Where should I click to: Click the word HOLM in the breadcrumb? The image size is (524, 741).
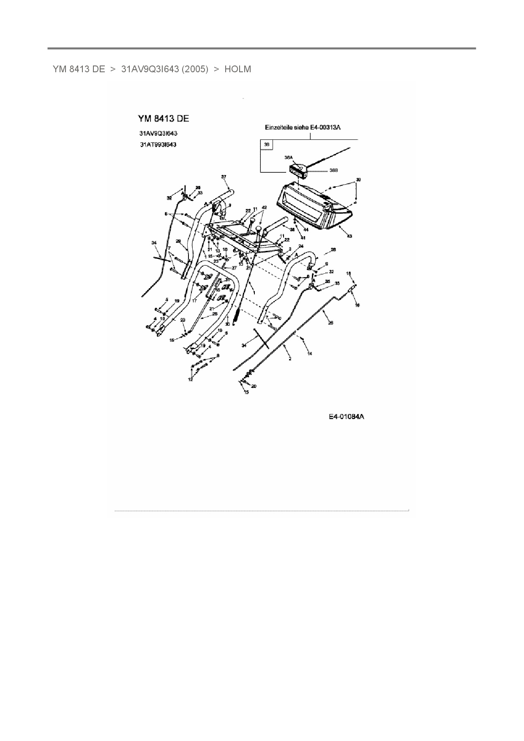pyautogui.click(x=237, y=69)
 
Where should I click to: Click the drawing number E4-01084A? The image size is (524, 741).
pyautogui.click(x=347, y=417)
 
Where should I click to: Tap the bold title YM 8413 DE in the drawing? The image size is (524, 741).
pyautogui.click(x=164, y=119)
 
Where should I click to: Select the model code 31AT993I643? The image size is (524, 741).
pyautogui.click(x=158, y=144)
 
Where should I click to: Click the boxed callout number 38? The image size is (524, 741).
pyautogui.click(x=266, y=145)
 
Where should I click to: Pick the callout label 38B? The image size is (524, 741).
pyautogui.click(x=333, y=171)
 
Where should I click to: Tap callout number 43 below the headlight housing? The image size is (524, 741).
pyautogui.click(x=349, y=236)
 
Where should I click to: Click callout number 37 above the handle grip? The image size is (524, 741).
pyautogui.click(x=224, y=177)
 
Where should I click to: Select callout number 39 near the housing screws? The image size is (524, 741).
pyautogui.click(x=358, y=180)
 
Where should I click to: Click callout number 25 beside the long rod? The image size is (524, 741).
pyautogui.click(x=330, y=323)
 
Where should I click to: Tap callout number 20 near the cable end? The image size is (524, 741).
pyautogui.click(x=254, y=386)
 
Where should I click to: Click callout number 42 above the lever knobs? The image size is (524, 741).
pyautogui.click(x=264, y=207)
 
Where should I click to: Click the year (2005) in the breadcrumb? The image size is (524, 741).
pyautogui.click(x=195, y=69)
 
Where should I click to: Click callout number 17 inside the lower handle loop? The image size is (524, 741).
pyautogui.click(x=194, y=301)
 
